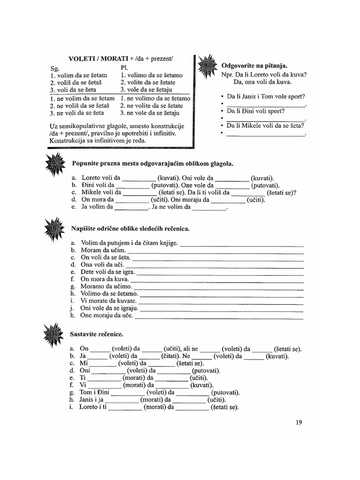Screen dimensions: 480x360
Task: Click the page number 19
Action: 299,422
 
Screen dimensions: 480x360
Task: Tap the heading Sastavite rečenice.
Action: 97,334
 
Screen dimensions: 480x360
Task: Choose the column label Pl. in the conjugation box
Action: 124,67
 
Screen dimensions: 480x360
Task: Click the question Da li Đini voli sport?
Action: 256,111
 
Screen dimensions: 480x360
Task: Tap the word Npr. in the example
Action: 228,75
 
